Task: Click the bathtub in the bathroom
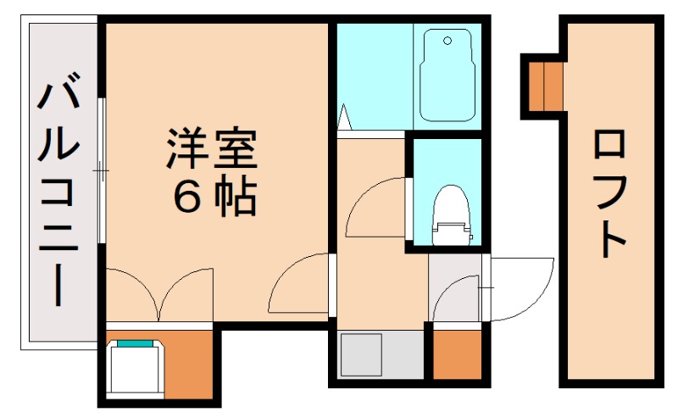pos(447,75)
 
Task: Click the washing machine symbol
pos(136,367)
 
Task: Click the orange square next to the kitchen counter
pos(457,354)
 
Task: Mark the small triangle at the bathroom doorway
pos(344,116)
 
